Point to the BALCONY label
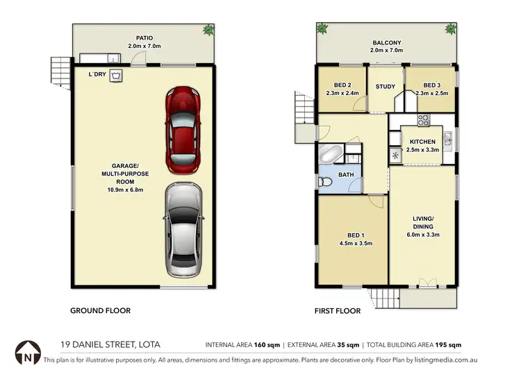(386, 43)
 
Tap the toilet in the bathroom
(325, 182)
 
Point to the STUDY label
(385, 87)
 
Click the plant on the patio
(207, 30)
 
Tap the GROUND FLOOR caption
(100, 311)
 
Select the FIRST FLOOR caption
(338, 311)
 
